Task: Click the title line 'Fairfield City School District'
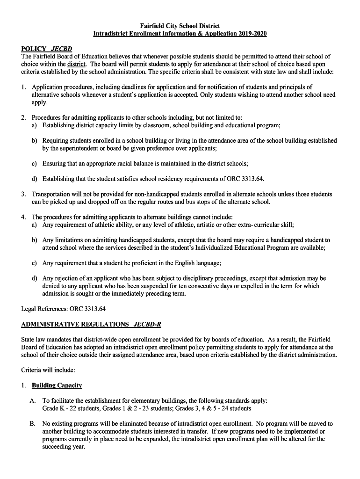point(180,26)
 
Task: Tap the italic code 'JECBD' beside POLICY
point(61,49)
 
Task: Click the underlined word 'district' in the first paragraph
point(76,64)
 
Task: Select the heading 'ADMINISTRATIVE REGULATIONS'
point(75,324)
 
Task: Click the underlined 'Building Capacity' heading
point(57,385)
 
